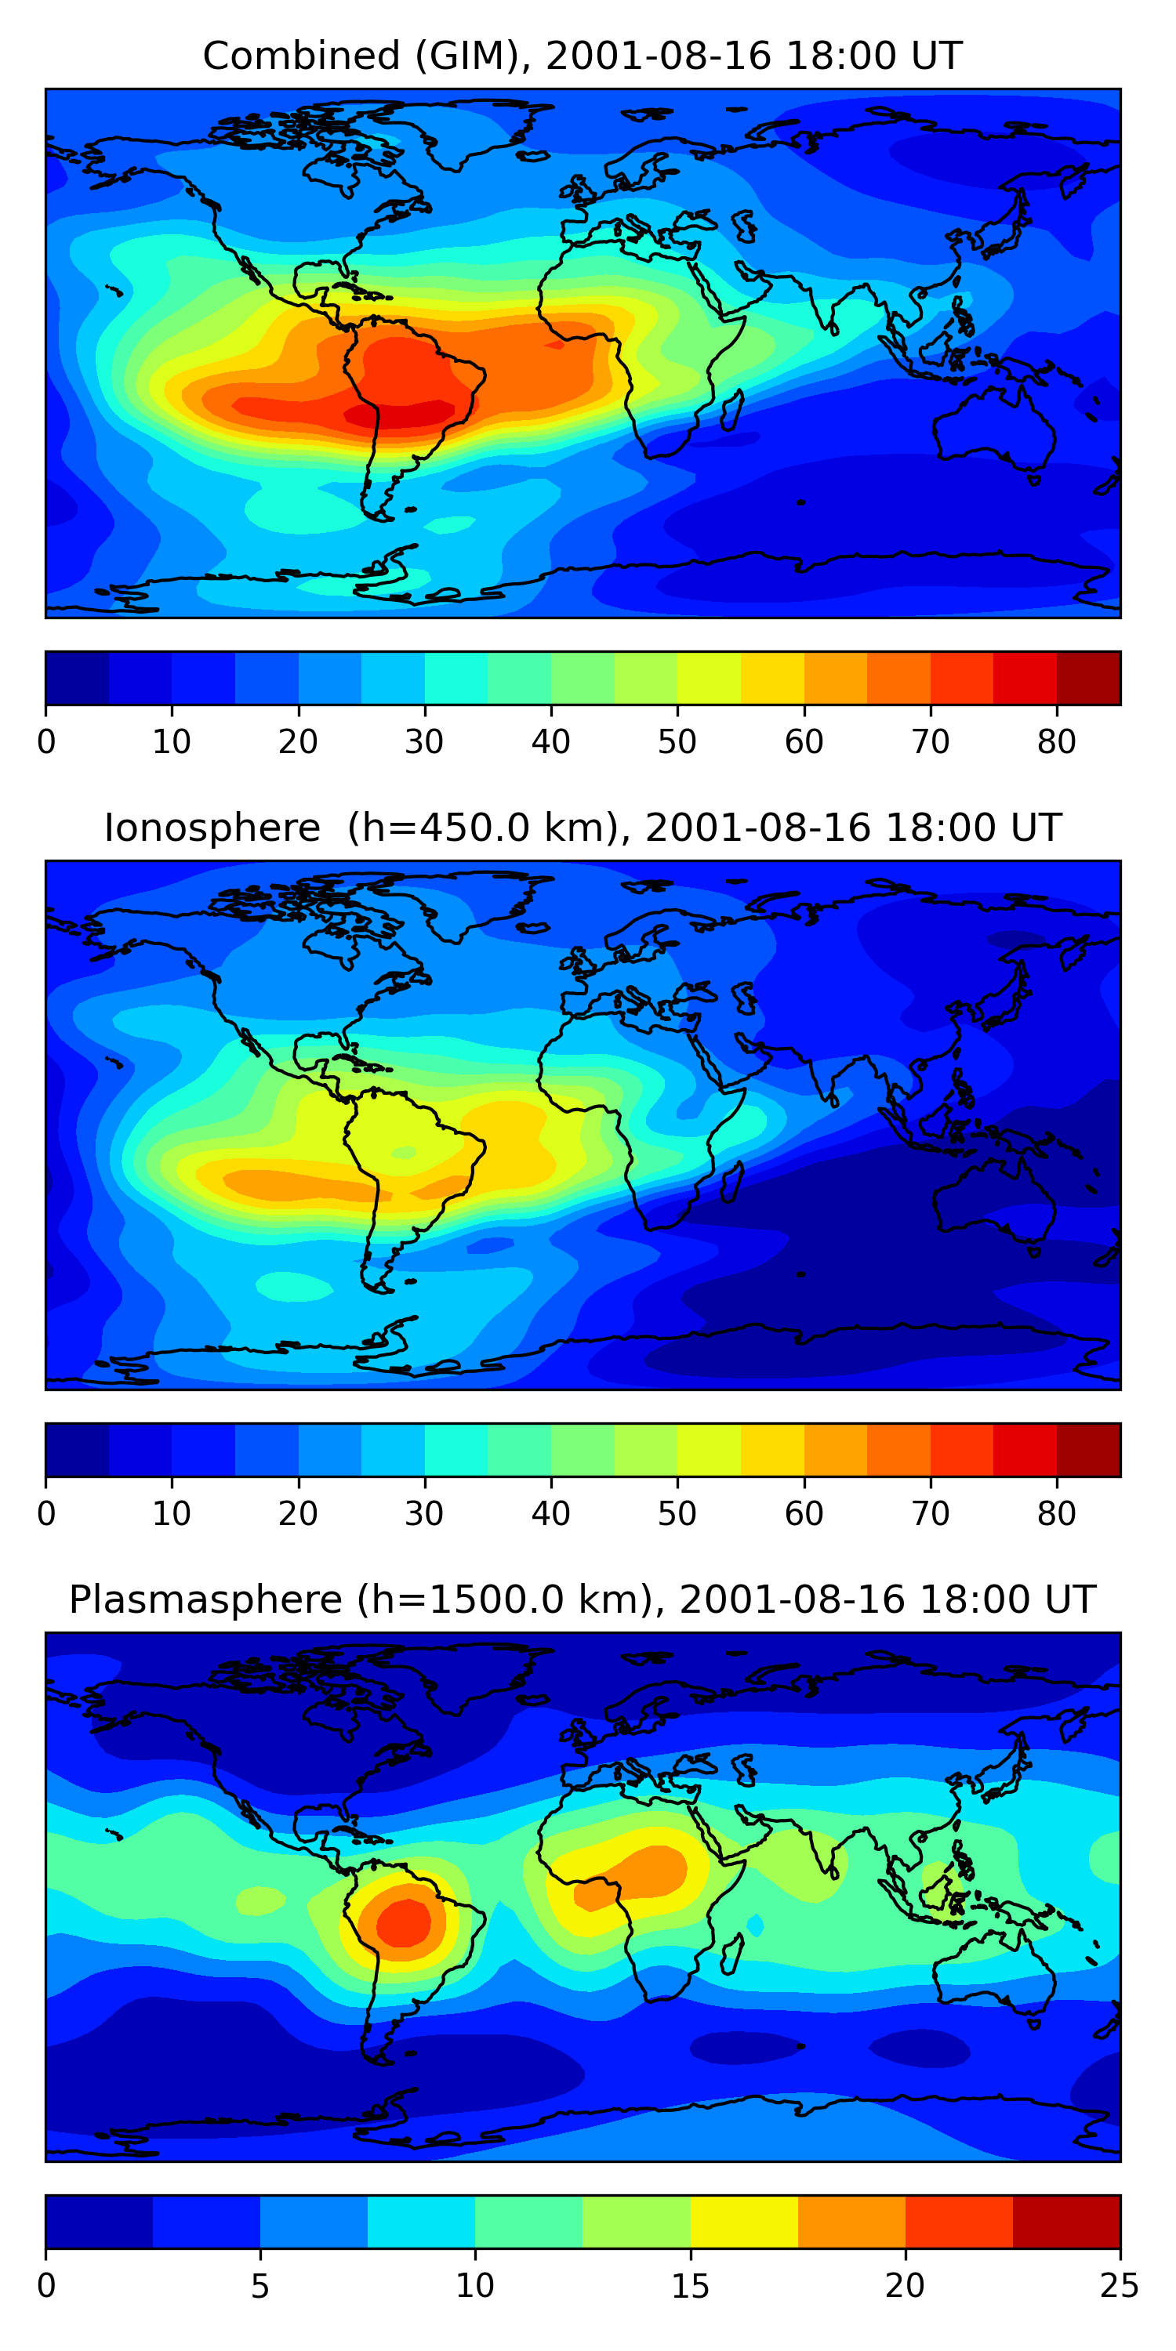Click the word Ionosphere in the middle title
(212, 828)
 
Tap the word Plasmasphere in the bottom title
(205, 1600)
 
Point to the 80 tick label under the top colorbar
(1056, 743)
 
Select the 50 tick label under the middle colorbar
(677, 1514)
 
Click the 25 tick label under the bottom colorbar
(1119, 2286)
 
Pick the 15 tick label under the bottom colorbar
(689, 2286)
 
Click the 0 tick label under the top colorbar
(46, 743)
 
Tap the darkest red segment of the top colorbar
(1087, 678)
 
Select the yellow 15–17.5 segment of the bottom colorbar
(743, 2222)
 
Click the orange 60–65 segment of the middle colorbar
(836, 1449)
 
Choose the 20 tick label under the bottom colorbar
(905, 2286)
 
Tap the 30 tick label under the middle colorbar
(425, 1514)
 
